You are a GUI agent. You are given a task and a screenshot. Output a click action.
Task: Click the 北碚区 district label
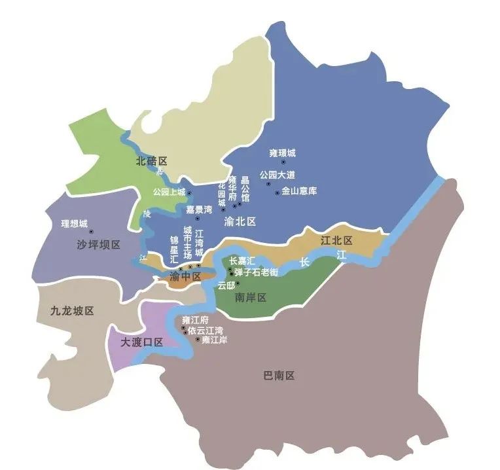(x=152, y=160)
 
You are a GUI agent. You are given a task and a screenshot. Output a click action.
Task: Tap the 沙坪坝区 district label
(x=98, y=244)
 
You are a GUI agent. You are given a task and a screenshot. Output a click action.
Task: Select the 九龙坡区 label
(x=72, y=310)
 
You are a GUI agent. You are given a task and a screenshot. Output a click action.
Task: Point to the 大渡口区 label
(x=141, y=342)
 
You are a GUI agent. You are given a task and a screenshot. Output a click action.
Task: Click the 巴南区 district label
(x=279, y=376)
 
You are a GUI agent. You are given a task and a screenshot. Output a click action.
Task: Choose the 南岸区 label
(x=250, y=298)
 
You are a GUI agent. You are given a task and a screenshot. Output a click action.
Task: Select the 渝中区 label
(x=185, y=277)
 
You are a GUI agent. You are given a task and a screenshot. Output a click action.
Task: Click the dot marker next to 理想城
(x=91, y=230)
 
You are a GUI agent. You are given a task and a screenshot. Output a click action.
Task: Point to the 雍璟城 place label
(x=282, y=153)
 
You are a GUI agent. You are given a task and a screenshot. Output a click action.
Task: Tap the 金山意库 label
(x=299, y=192)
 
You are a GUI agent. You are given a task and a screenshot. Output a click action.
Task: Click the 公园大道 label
(x=277, y=175)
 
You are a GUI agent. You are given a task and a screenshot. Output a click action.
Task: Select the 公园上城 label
(x=169, y=192)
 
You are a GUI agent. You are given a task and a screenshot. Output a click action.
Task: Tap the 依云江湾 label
(x=205, y=330)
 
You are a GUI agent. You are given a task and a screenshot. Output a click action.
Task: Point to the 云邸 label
(x=226, y=285)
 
